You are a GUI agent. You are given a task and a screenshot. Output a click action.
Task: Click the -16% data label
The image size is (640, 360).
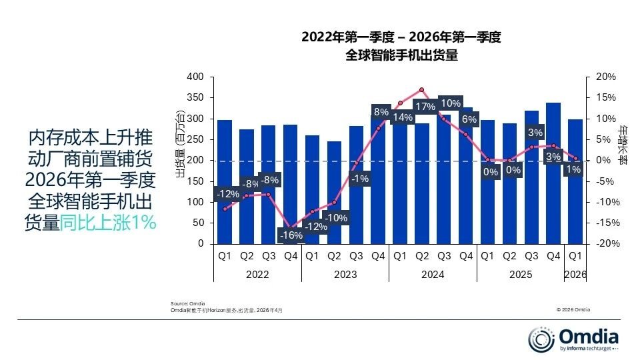coord(291,235)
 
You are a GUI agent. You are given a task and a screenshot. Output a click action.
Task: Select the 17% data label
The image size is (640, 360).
coord(425,106)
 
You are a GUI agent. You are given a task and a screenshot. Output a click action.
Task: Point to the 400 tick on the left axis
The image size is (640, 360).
coord(195,77)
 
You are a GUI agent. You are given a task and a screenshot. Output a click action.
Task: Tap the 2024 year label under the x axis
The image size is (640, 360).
coord(433,275)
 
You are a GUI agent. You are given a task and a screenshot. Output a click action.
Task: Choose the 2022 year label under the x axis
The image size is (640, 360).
coord(257,275)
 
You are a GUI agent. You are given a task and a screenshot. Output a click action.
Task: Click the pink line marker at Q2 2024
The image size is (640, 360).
coord(422,89)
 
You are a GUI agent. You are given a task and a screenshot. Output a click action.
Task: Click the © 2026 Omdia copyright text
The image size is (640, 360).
coord(573,309)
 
